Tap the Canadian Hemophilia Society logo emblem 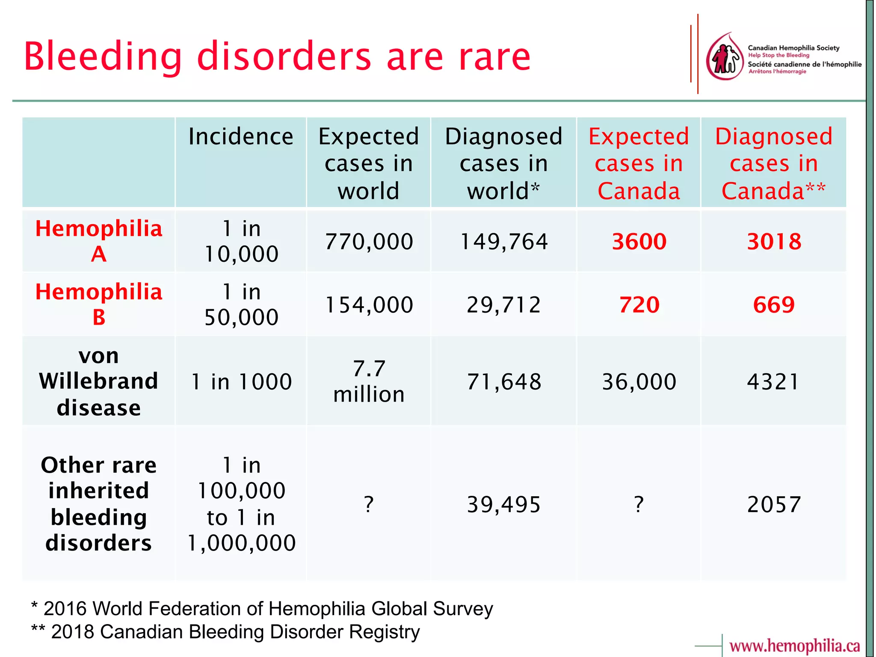click(x=725, y=57)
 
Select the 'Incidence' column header click(x=241, y=137)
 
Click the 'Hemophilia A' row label click(x=99, y=241)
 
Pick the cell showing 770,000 click(x=369, y=242)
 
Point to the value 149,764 click(x=503, y=242)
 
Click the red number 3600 click(x=639, y=242)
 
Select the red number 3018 click(x=774, y=242)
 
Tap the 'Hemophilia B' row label click(x=99, y=304)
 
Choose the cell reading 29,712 click(x=503, y=305)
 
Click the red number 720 click(x=639, y=305)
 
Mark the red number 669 click(x=774, y=305)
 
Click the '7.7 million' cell click(x=369, y=381)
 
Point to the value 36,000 click(x=639, y=382)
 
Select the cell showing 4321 click(x=773, y=382)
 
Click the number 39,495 click(x=503, y=505)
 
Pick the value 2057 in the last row click(x=774, y=505)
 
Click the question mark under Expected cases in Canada click(x=639, y=505)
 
